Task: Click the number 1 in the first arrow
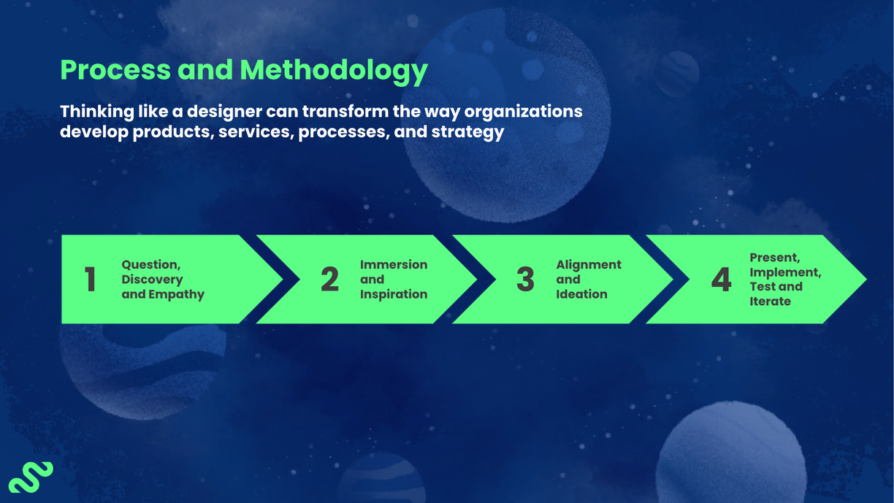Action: pyautogui.click(x=90, y=280)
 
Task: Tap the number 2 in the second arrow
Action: pyautogui.click(x=329, y=280)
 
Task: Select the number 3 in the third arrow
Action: pyautogui.click(x=525, y=280)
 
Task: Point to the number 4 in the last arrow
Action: pyautogui.click(x=721, y=280)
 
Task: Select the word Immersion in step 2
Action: pyautogui.click(x=394, y=265)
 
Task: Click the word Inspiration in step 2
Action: pyautogui.click(x=394, y=294)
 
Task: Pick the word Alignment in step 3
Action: pyautogui.click(x=589, y=265)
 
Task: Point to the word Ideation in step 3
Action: pyautogui.click(x=581, y=294)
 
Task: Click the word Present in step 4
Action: pyautogui.click(x=774, y=258)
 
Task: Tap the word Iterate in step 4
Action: pyautogui.click(x=770, y=301)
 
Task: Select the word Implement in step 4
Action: pyautogui.click(x=784, y=272)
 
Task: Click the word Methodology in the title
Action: pyautogui.click(x=334, y=70)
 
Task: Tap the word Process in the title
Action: pyautogui.click(x=115, y=70)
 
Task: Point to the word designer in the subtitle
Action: pyautogui.click(x=223, y=112)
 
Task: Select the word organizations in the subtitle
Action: pyautogui.click(x=523, y=112)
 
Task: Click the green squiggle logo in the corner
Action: pyautogui.click(x=31, y=477)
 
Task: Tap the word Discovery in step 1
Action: pyautogui.click(x=152, y=280)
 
